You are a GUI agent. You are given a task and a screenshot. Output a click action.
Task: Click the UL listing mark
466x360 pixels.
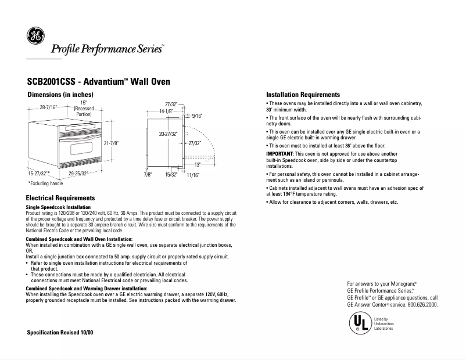point(358,324)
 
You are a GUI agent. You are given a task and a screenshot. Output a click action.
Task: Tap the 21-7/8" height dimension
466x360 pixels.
point(111,143)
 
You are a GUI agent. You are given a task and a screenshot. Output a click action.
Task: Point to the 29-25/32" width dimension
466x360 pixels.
point(78,173)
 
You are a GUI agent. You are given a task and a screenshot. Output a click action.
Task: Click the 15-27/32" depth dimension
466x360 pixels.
point(38,173)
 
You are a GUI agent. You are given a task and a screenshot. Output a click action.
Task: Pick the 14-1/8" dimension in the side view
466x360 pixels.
point(167,110)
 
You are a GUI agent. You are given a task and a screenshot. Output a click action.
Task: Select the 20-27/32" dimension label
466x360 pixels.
point(168,134)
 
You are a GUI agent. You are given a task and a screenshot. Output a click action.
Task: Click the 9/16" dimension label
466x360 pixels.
point(196,116)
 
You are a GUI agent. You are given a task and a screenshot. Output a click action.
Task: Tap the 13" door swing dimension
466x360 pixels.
point(197,164)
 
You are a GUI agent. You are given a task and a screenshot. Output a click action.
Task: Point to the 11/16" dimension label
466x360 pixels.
point(193,174)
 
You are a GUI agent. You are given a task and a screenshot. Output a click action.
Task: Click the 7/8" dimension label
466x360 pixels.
point(148,174)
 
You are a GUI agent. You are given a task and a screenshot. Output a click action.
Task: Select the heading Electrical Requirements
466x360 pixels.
point(61,199)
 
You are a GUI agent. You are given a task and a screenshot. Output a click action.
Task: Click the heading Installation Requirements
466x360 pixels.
point(303,95)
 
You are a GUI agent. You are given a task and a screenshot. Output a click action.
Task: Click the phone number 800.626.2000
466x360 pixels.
point(418,304)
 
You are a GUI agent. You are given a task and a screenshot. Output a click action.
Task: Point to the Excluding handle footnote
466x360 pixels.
point(45,183)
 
